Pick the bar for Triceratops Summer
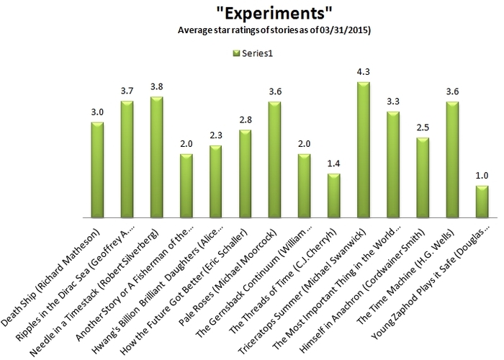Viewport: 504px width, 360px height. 364,150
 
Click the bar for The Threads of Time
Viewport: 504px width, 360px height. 334,195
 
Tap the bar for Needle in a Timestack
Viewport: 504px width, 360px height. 156,157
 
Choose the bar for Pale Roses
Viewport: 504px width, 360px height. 274,160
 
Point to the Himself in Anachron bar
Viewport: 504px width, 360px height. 423,177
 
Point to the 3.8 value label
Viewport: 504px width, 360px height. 156,87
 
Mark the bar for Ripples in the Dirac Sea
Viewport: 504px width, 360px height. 127,159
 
